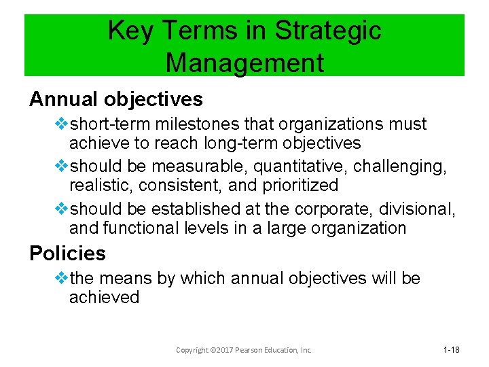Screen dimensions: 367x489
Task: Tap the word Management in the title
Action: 244,63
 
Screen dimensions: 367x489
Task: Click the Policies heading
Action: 67,254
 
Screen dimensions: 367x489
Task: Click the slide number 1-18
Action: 452,349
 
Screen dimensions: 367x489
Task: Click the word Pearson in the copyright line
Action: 255,350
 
